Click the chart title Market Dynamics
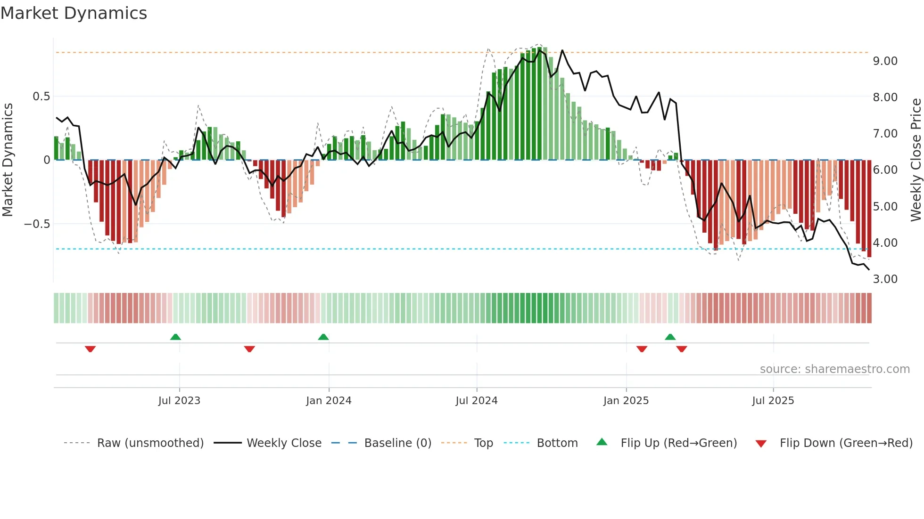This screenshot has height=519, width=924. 74,13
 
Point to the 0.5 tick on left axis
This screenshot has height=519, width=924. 41,97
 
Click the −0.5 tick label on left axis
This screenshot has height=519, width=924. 37,224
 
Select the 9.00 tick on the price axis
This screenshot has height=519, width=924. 885,61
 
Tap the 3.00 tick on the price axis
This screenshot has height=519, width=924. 885,279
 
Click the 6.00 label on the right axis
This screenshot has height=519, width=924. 885,170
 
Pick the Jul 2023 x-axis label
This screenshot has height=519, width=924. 179,401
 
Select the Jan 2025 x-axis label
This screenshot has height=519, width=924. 626,401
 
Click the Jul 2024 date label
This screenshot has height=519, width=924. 476,401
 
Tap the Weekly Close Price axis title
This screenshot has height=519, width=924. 916,160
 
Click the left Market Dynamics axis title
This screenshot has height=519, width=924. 8,160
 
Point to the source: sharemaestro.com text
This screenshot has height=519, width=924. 834,369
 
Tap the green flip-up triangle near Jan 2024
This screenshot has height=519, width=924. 323,337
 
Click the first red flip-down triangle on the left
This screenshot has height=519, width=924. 90,349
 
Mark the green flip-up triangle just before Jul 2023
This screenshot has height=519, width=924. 175,337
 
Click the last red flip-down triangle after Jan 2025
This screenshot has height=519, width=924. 681,349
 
